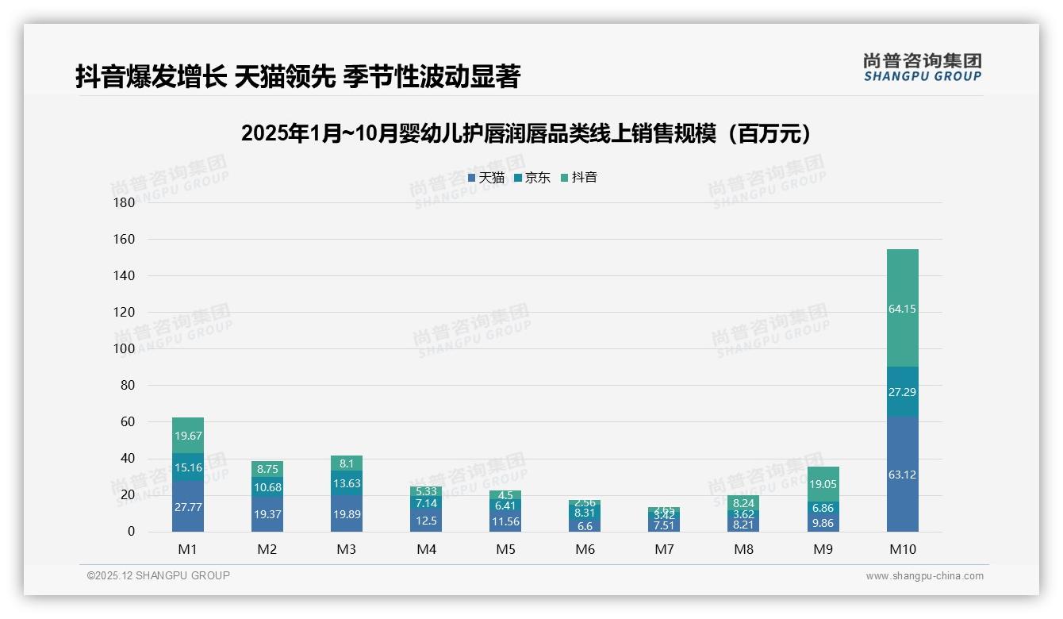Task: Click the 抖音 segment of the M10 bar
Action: tap(902, 309)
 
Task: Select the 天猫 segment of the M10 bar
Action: tap(902, 475)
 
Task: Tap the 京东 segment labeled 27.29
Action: tap(902, 392)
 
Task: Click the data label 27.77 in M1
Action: tap(188, 506)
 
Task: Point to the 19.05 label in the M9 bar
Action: tap(823, 484)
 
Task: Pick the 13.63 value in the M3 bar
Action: tap(347, 483)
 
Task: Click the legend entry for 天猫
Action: tap(485, 178)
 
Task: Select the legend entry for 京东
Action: tap(532, 178)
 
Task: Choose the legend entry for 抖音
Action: tap(579, 178)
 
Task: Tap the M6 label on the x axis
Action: tap(585, 549)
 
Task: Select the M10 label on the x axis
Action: tap(902, 549)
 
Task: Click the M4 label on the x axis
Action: tap(426, 549)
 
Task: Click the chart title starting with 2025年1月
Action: tap(530, 133)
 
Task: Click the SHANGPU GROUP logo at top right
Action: tap(922, 67)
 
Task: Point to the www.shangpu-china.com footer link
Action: tap(924, 576)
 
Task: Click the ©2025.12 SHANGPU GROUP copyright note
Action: tap(159, 575)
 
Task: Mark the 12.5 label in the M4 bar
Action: tap(426, 521)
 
